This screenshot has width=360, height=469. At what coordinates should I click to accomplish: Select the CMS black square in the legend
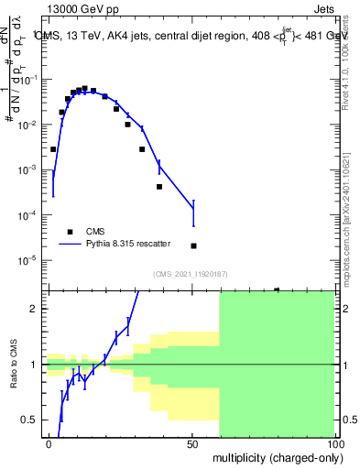click(x=68, y=232)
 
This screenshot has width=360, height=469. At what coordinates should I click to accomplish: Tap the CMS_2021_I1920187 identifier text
click(x=189, y=273)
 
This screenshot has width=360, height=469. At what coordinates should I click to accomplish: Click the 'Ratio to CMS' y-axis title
click(x=14, y=365)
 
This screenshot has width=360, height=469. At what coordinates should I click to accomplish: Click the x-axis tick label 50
click(x=192, y=443)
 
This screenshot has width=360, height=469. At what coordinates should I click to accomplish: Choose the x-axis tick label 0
click(x=49, y=443)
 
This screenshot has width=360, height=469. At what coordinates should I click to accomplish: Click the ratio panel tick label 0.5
click(x=32, y=420)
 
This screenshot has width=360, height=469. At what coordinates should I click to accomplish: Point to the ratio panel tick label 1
click(x=37, y=365)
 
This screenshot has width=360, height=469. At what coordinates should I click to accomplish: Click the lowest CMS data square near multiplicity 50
click(x=193, y=245)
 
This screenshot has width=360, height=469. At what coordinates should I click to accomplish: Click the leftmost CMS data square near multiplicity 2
click(x=53, y=148)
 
